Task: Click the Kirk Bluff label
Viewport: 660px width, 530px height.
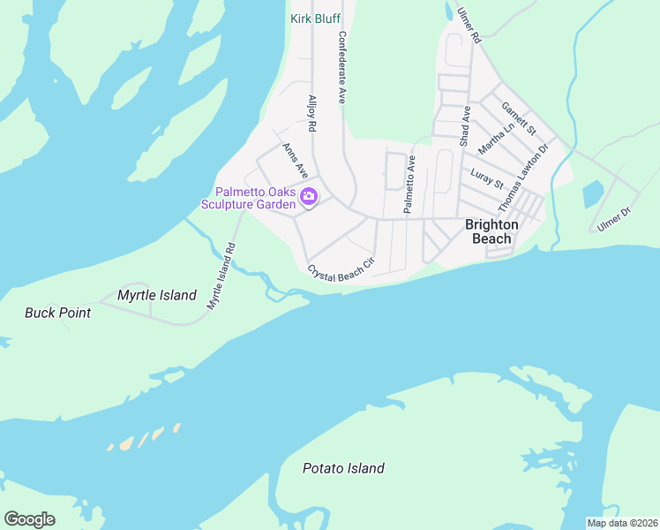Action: click(x=315, y=18)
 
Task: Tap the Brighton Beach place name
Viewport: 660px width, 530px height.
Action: click(x=492, y=231)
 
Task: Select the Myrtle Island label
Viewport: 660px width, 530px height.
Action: click(x=157, y=295)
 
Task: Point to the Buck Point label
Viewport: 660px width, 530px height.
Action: click(x=57, y=313)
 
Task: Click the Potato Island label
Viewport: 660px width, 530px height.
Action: click(x=343, y=468)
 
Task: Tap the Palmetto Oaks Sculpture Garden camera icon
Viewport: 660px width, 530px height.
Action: click(x=309, y=196)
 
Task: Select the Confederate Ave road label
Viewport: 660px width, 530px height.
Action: click(x=341, y=69)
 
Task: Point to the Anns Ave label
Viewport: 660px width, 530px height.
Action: click(x=295, y=158)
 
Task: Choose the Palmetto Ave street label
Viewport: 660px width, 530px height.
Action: click(x=409, y=184)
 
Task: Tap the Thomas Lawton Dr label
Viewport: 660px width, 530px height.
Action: click(x=523, y=177)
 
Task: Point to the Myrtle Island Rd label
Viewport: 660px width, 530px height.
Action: click(x=222, y=276)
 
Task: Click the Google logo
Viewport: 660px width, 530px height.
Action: click(x=29, y=519)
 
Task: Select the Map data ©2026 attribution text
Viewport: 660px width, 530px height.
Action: click(x=621, y=523)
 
